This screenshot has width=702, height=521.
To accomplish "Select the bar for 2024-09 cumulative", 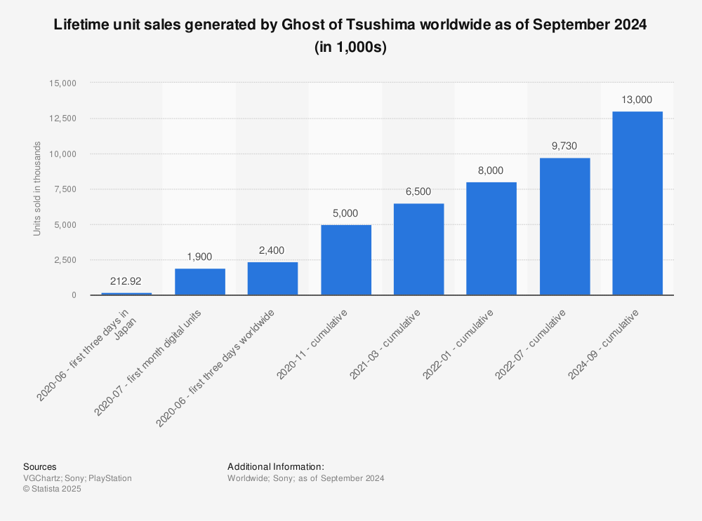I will coord(637,203).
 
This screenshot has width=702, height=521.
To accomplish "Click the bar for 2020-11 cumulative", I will coord(345,260).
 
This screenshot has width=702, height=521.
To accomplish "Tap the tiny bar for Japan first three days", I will coord(126,294).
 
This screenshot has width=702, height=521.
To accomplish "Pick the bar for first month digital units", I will coord(199,282).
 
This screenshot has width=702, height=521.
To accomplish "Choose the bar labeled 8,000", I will coord(491,239).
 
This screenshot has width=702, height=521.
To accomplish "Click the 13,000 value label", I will coord(637,100).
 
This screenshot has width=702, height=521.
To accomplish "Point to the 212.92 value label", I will coord(126,281).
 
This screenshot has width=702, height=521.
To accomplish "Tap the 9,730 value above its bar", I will coord(564,146).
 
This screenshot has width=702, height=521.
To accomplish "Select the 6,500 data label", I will coord(418,191).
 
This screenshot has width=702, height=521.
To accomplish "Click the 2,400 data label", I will coord(272,250).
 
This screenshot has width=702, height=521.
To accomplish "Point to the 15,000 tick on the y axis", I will coord(63,83).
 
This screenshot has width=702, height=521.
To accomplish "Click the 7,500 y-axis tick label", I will coord(66,189).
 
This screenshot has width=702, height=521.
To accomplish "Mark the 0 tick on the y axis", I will coord(73,295).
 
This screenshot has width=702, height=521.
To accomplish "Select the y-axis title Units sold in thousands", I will coord(37,189).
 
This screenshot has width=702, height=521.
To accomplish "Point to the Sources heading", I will coord(40,467).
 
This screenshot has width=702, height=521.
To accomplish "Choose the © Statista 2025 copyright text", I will coord(52,489).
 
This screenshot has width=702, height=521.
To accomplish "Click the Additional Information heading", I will coord(275,467).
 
